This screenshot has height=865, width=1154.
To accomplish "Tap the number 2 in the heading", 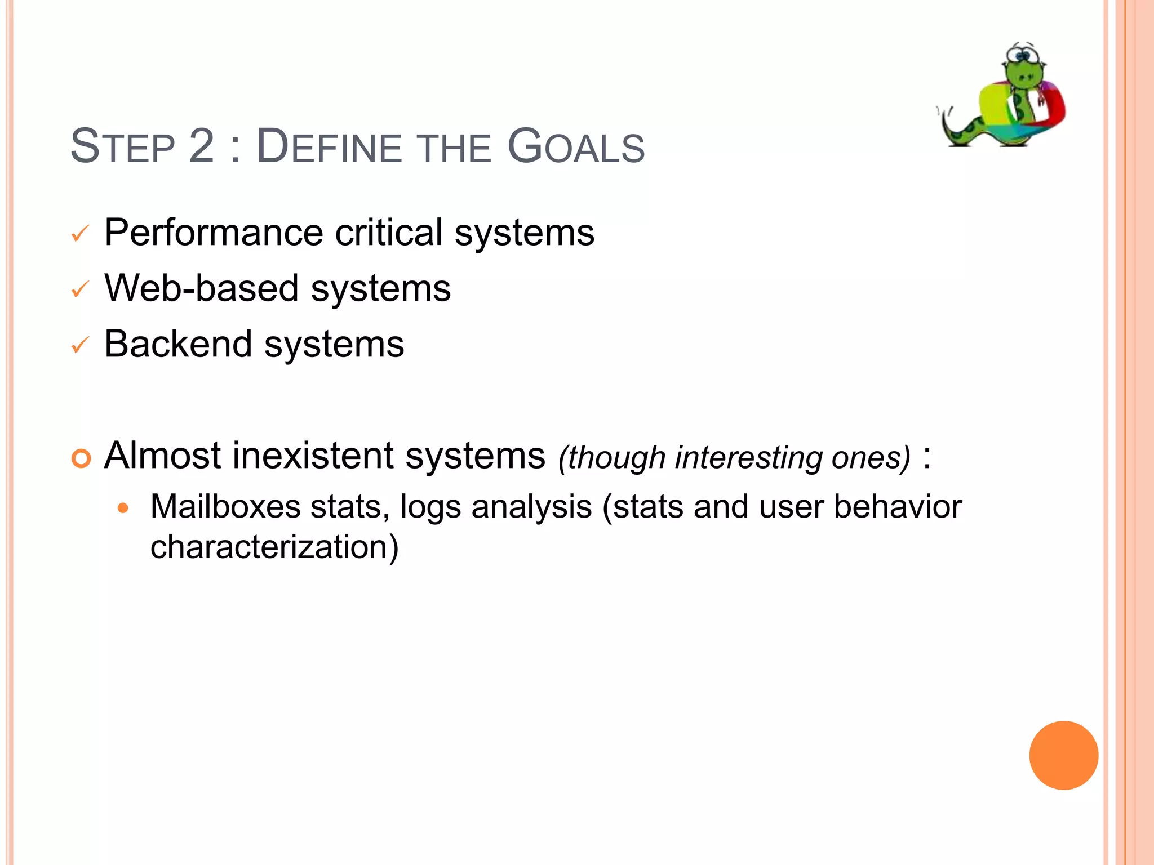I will point(202,148).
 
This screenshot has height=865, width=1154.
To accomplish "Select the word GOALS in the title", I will point(576,148).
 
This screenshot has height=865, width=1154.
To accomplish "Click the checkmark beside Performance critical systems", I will point(80,234).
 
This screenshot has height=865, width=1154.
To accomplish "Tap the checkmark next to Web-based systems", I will point(80,289).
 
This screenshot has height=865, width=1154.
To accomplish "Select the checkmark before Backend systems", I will point(80,345).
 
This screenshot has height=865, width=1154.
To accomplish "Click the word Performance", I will point(214,233).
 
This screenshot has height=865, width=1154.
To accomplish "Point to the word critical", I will point(389,233).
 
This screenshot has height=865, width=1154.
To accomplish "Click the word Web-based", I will point(201,288).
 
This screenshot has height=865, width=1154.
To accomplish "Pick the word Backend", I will point(178,344).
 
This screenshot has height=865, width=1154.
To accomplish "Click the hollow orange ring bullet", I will point(81,458).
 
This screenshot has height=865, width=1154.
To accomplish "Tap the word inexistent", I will point(313,456).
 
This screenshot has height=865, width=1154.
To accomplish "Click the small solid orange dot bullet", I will point(123,509).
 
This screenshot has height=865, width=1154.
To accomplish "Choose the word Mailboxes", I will point(225,507).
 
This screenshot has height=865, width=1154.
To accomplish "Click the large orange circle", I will point(1063,755).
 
